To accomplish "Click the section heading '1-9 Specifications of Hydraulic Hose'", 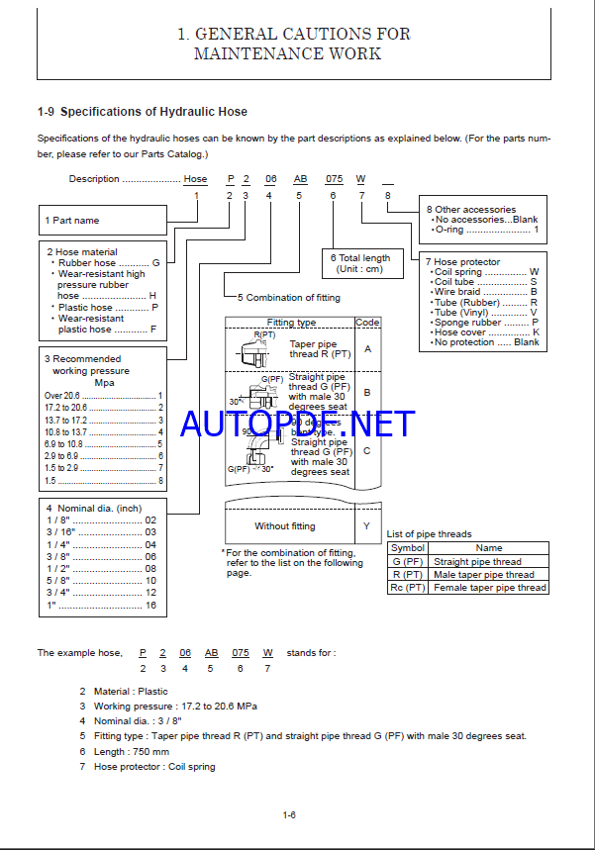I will pos(142,112).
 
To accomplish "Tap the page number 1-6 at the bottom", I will pos(289,815).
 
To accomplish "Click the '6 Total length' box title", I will pos(360,258).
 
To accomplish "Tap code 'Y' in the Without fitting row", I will pos(367,526).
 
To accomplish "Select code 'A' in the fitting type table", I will pos(367,348).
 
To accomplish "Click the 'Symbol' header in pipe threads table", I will pos(407,547).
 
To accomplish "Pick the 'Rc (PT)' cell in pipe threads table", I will pos(407,587).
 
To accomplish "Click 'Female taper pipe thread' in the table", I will pos(490,587).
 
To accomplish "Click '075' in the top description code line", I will pos(335,179).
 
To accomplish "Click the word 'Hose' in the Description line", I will pos(195,179).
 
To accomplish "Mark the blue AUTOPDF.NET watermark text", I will pos(297,424).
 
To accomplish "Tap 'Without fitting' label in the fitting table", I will pos(285,526).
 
